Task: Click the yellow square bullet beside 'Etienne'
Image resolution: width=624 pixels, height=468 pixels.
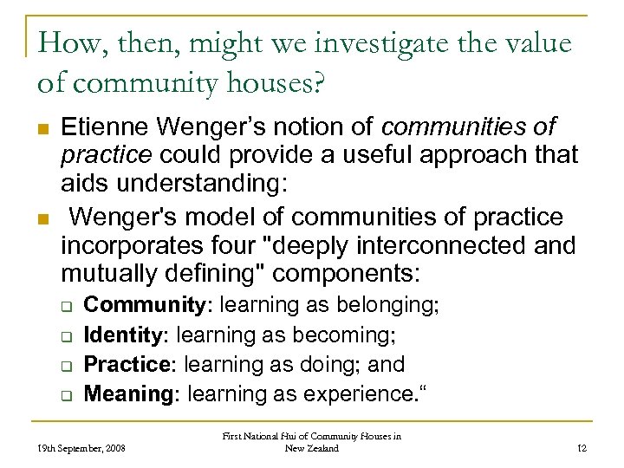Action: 42,129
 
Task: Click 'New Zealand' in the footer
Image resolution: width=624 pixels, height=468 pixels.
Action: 311,448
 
